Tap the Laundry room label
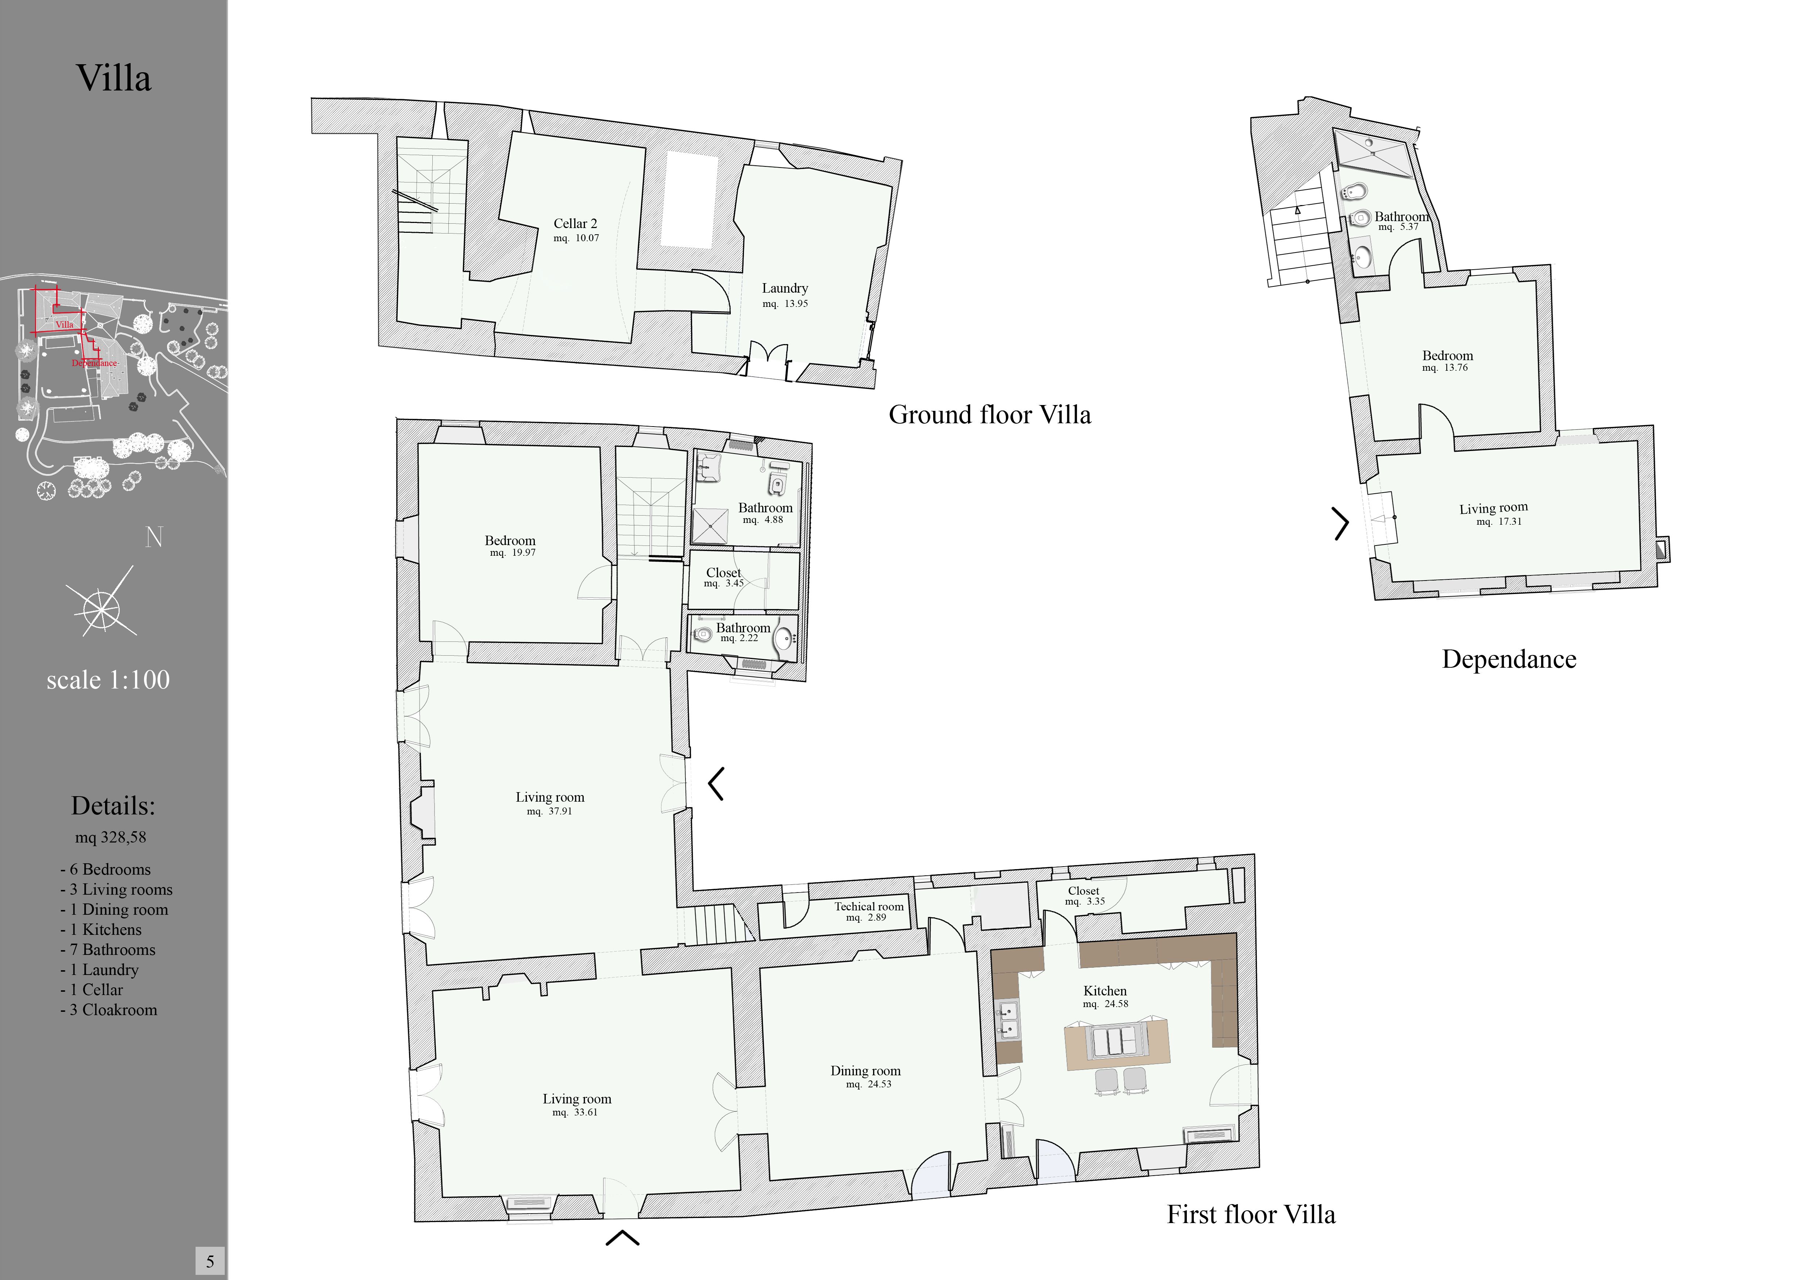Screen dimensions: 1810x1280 (x=784, y=289)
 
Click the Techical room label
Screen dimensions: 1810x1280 (x=869, y=906)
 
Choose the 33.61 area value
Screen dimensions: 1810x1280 (x=586, y=1112)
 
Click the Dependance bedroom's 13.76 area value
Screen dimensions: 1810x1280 (x=1455, y=367)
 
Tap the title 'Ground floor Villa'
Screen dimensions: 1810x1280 (x=989, y=415)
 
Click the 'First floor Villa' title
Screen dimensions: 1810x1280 (x=1251, y=1214)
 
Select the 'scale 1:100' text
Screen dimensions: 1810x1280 (x=108, y=679)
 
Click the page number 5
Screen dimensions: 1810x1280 (x=210, y=1261)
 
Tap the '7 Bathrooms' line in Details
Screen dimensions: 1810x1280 (x=108, y=950)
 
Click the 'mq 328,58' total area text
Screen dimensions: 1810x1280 (x=110, y=837)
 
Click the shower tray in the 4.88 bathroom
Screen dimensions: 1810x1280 (x=710, y=526)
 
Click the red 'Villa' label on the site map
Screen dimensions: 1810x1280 (x=65, y=324)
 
